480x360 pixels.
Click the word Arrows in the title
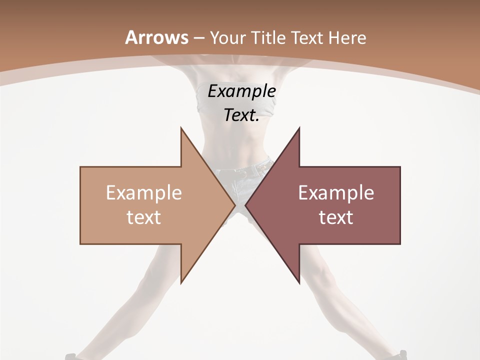[156, 37]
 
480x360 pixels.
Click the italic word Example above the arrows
[242, 91]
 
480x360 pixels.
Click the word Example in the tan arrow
[144, 193]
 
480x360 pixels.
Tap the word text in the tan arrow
[144, 217]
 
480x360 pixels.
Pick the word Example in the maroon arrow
[336, 193]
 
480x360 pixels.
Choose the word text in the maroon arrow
[336, 217]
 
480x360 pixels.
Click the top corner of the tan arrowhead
[181, 128]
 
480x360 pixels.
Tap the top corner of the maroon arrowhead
[299, 128]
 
